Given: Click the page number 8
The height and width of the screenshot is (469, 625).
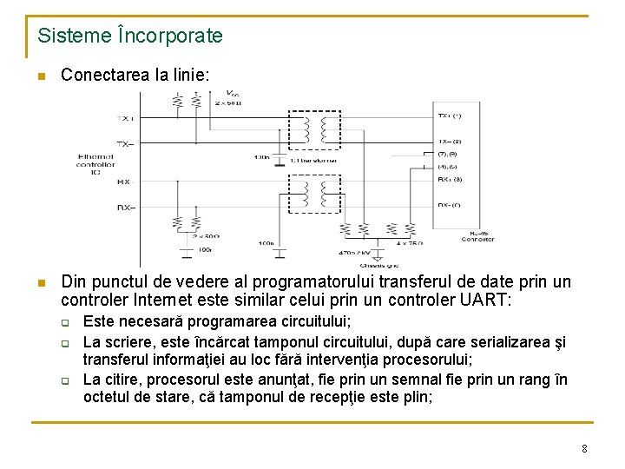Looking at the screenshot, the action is [584, 449].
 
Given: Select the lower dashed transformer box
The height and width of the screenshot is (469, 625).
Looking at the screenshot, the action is [314, 192].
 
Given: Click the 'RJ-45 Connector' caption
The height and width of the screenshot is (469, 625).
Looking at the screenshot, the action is [478, 236].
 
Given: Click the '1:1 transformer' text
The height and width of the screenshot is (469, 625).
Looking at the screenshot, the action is [314, 161].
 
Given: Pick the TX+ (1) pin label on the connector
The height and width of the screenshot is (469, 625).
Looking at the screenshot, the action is [449, 115].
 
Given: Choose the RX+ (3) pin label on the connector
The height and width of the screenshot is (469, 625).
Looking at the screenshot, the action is [449, 181].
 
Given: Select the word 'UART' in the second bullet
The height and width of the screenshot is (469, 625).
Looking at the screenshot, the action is [485, 301].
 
